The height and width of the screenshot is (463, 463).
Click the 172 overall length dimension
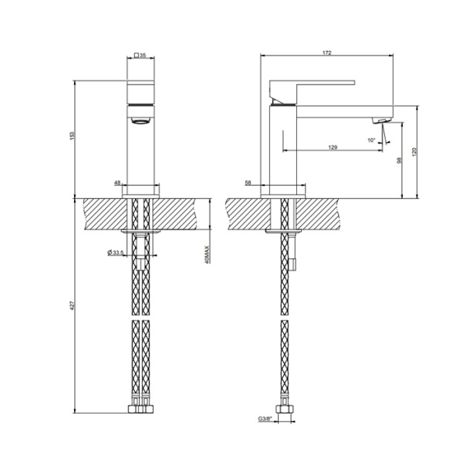pyautogui.click(x=326, y=52)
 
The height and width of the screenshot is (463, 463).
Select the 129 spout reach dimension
pyautogui.click(x=332, y=147)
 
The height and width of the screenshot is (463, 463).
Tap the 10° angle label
pyautogui.click(x=371, y=140)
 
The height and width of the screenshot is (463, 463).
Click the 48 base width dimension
pyautogui.click(x=118, y=183)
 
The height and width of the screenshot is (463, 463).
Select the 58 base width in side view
pyautogui.click(x=248, y=183)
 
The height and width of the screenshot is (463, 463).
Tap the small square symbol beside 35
pyautogui.click(x=137, y=56)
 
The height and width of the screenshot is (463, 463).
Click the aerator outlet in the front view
pyautogui.click(x=140, y=121)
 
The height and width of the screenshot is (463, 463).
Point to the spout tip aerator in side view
pyautogui.click(x=380, y=120)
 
